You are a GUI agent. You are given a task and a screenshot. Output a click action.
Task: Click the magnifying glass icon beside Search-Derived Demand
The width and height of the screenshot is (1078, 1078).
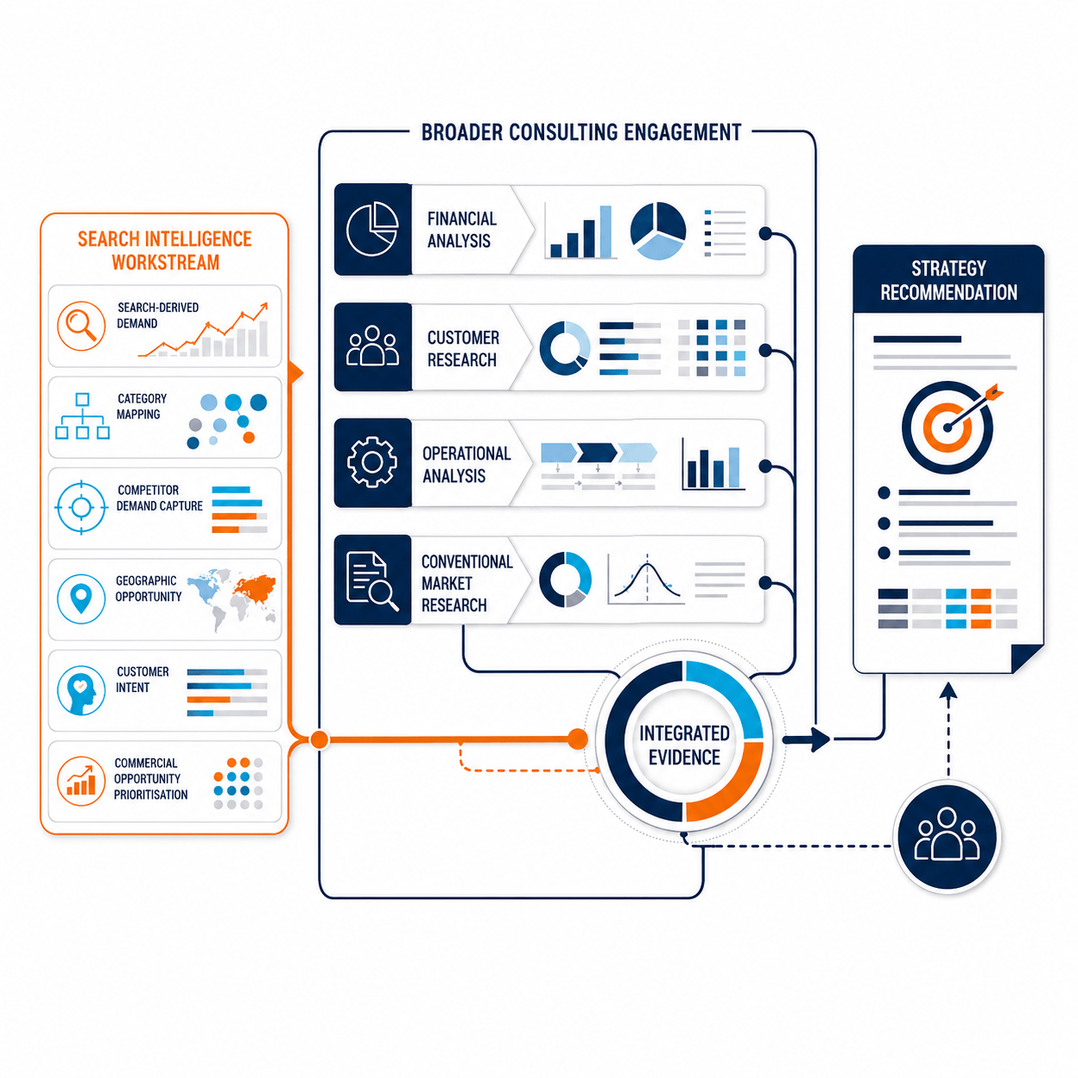click(x=81, y=326)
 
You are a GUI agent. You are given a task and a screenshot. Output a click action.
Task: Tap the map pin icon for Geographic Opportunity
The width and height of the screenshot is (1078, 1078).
click(x=81, y=598)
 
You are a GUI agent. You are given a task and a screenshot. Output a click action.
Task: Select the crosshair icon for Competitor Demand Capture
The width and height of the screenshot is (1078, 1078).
click(x=81, y=507)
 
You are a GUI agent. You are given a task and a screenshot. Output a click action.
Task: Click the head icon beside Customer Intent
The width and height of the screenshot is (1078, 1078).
click(x=81, y=689)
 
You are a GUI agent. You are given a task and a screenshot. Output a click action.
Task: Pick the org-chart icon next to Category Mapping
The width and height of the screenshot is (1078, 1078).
click(x=83, y=416)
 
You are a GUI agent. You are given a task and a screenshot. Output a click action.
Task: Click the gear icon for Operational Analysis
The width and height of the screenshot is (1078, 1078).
click(x=372, y=462)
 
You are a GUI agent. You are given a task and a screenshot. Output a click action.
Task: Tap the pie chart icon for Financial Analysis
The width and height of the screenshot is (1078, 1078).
click(x=372, y=230)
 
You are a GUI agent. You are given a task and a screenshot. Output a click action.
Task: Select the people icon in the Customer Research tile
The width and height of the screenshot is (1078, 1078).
click(x=372, y=346)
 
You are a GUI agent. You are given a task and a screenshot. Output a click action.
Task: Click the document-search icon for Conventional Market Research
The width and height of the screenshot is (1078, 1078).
click(x=372, y=580)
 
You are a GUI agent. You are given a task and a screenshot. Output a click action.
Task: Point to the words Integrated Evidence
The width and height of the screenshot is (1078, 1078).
click(x=683, y=744)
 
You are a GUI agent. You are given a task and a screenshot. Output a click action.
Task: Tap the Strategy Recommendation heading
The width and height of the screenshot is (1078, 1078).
click(x=948, y=280)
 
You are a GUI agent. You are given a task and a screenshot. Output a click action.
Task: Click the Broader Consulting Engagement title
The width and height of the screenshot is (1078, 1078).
click(x=580, y=132)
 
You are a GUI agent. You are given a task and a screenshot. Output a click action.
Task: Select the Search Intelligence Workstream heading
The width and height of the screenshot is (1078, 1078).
click(x=164, y=250)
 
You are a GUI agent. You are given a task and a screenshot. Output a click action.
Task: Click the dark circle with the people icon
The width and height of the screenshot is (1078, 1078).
click(x=946, y=837)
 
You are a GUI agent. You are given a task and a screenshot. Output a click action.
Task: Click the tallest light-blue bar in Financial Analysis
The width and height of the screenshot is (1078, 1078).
click(x=605, y=231)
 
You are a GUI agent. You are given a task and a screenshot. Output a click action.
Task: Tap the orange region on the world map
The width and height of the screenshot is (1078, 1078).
click(x=255, y=586)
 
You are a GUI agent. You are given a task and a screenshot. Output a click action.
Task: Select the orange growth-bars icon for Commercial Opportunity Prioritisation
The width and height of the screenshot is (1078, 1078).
click(x=81, y=781)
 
